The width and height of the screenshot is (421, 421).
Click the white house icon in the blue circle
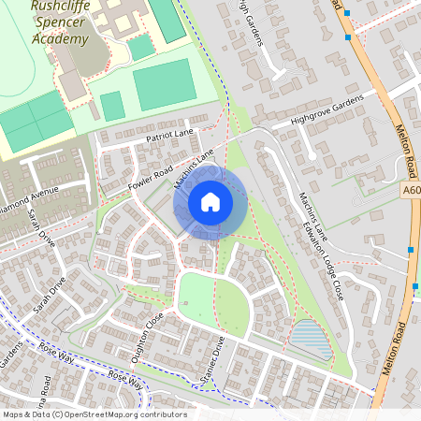pyautogui.click(x=210, y=201)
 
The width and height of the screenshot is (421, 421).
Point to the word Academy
pyautogui.click(x=60, y=38)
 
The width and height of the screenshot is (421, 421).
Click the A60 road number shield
pyautogui.click(x=412, y=191)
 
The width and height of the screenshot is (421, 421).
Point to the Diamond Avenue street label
pyautogui.click(x=28, y=201)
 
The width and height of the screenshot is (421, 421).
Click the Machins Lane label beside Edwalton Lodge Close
pyautogui.click(x=310, y=214)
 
